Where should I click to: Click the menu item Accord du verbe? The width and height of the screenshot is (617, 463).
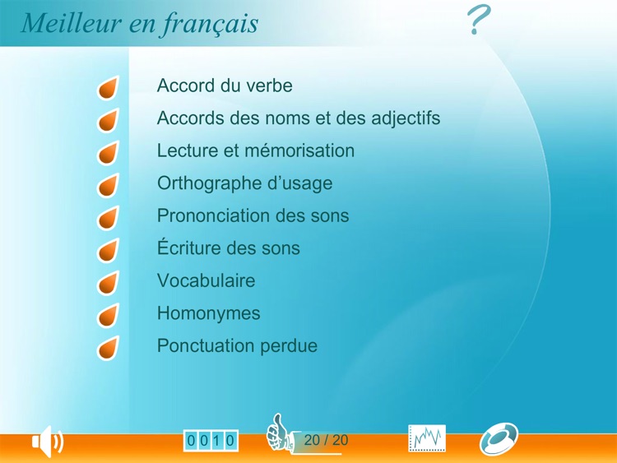coord(225,86)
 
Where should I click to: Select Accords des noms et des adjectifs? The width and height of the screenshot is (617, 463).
coord(299,118)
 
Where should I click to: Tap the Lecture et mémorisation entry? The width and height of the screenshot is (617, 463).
coord(256,151)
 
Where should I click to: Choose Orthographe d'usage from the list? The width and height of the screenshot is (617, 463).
coord(244,183)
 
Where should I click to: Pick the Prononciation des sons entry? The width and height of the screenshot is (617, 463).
coord(253,216)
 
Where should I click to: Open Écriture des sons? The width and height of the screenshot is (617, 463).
coord(228,248)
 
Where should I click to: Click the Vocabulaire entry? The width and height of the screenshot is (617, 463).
coord(206,280)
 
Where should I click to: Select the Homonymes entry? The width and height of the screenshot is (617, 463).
coord(208,313)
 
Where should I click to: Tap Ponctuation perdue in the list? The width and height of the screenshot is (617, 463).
coord(237,346)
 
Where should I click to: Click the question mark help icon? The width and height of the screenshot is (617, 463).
coord(479,20)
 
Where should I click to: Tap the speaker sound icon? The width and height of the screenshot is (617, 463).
coord(47,442)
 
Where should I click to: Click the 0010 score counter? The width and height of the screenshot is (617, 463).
coord(211,441)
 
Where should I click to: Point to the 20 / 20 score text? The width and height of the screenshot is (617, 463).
coord(326,441)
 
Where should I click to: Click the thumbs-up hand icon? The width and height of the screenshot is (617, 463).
coord(279,433)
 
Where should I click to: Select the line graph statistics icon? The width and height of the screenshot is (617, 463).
coord(427,439)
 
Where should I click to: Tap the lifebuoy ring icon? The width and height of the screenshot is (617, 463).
coord(499,439)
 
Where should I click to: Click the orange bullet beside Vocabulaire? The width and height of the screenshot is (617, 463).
coord(108,283)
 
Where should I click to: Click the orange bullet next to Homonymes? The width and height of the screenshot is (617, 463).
coord(108,316)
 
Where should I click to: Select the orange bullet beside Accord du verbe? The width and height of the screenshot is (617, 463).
coord(108,88)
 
